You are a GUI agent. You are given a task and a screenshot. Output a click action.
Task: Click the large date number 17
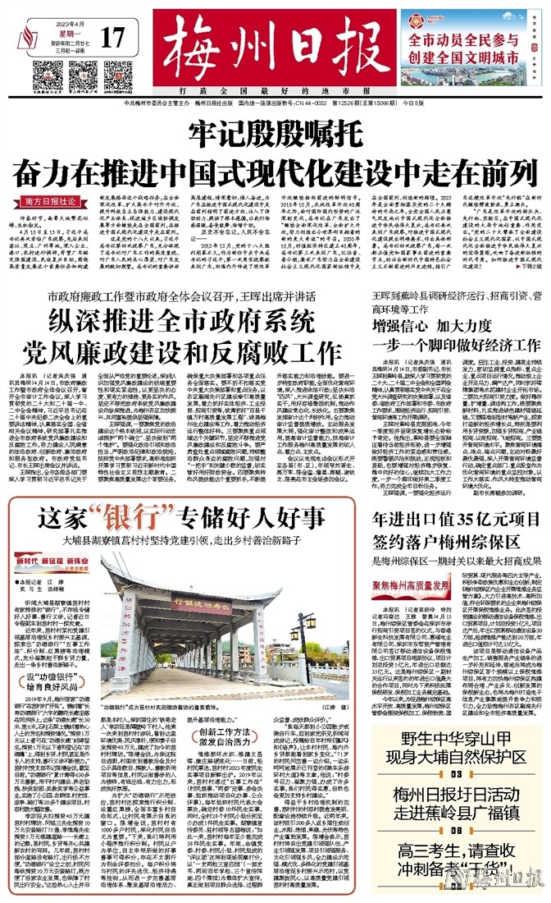pyautogui.click(x=114, y=39)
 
